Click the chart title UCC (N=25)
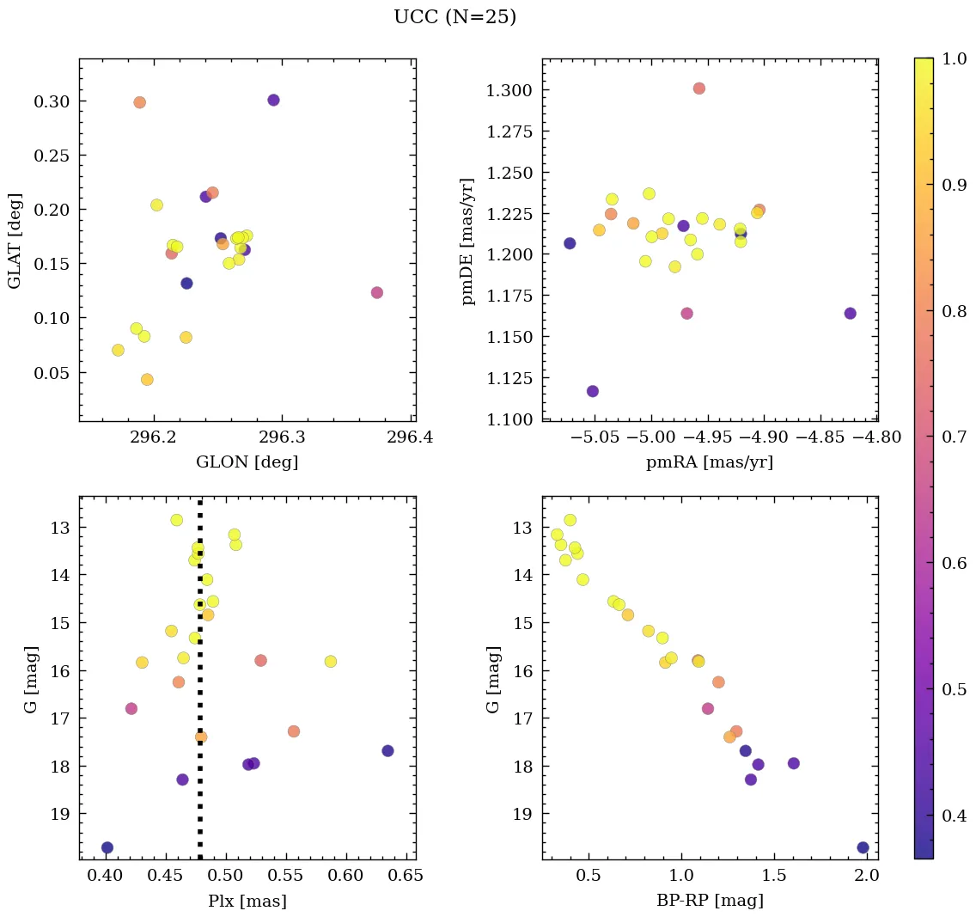(454, 17)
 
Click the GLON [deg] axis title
(247, 462)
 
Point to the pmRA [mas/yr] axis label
(710, 462)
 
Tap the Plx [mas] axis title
(247, 902)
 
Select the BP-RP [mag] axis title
(710, 902)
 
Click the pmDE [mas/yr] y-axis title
(467, 241)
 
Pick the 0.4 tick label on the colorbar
(956, 815)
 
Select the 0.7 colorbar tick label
(956, 437)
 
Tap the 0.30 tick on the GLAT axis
(51, 101)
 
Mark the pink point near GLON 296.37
(376, 292)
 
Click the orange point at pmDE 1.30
(699, 89)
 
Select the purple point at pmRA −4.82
(850, 313)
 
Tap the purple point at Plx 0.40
(107, 847)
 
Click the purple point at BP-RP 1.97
(863, 847)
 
